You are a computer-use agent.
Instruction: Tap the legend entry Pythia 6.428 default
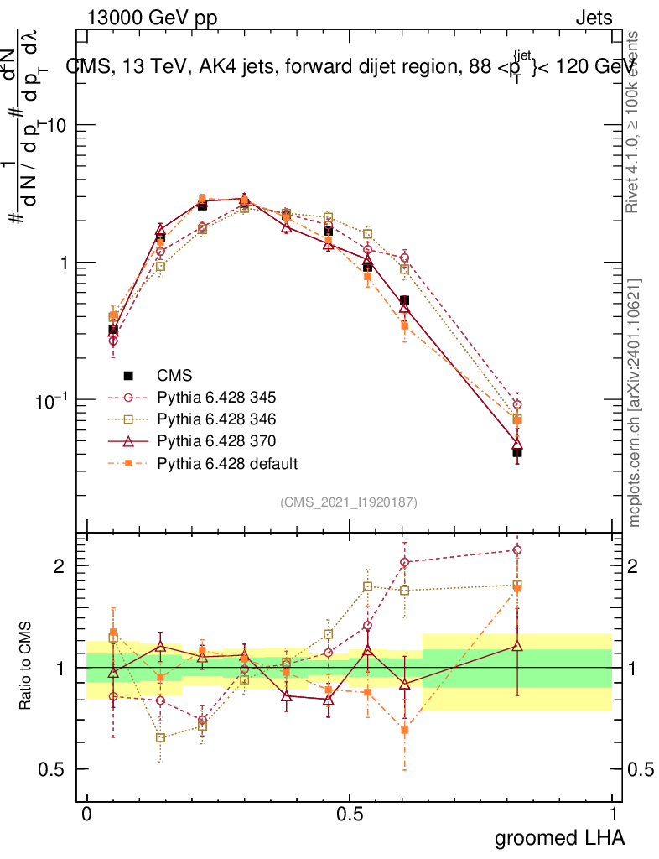coord(227,462)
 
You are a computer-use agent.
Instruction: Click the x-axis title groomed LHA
coord(559,837)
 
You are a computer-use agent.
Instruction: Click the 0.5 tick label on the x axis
coord(350,815)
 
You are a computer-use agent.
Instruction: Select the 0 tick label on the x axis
coord(86,815)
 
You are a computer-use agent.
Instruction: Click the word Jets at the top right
coord(594,18)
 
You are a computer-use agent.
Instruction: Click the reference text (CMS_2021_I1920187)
coord(349,502)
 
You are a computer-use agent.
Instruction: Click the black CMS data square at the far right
coord(517,453)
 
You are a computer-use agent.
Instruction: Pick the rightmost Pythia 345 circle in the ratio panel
coord(517,550)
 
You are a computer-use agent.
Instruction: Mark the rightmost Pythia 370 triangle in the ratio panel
coord(517,645)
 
